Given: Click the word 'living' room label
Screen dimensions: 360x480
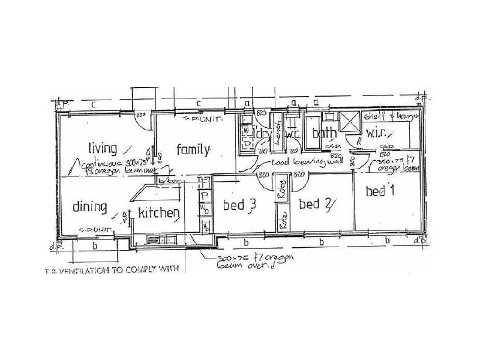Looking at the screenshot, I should coord(102,147).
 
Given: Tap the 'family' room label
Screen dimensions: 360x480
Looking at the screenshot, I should coord(193,149).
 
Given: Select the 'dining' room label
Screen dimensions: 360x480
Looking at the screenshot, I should coord(89,207).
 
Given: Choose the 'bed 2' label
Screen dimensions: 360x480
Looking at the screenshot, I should coord(316,205).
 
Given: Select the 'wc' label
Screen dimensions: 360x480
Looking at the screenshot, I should coord(293,134).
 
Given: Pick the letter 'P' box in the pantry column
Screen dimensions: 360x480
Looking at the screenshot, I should coord(205,196).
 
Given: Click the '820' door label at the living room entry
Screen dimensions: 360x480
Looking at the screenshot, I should coord(142,113).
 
